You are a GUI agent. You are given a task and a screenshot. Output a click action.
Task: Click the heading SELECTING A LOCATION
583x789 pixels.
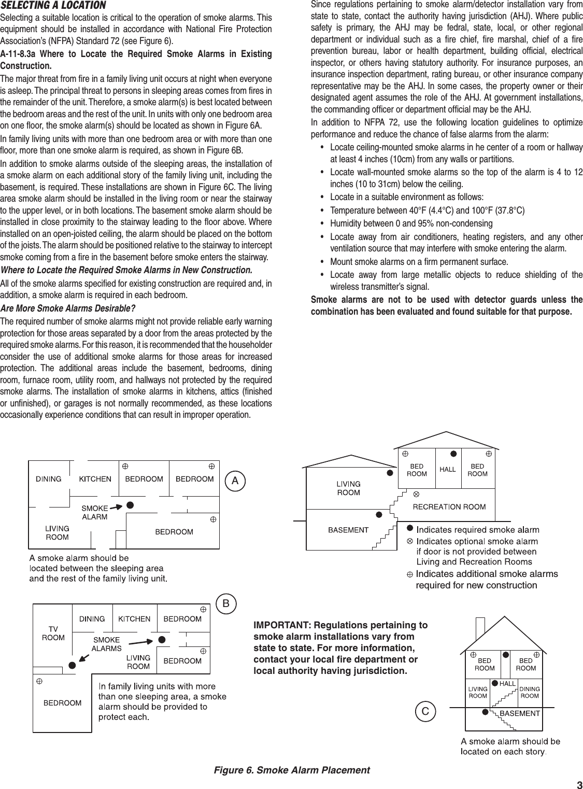click(53, 6)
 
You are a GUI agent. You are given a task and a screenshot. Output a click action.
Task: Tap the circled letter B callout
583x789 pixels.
click(226, 604)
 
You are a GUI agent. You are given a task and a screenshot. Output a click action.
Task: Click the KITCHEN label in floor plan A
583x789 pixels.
click(95, 479)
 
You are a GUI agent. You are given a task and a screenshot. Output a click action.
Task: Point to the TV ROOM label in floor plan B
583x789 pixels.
click(53, 633)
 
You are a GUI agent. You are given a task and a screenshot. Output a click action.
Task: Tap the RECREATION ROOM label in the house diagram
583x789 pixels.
click(449, 506)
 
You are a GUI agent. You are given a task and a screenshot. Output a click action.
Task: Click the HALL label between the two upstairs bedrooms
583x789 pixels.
click(448, 470)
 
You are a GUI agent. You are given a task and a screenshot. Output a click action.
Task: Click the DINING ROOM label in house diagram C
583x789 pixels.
click(530, 692)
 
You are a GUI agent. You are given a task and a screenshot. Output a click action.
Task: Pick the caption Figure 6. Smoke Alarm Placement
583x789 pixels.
click(292, 770)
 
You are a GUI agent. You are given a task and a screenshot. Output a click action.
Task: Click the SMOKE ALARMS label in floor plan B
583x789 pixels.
click(106, 644)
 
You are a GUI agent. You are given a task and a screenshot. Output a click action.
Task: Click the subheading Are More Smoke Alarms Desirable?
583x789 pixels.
click(68, 309)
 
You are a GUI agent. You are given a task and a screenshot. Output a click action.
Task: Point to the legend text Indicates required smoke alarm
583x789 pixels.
click(478, 529)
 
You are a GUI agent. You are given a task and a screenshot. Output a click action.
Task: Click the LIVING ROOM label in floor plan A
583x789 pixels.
click(57, 533)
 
